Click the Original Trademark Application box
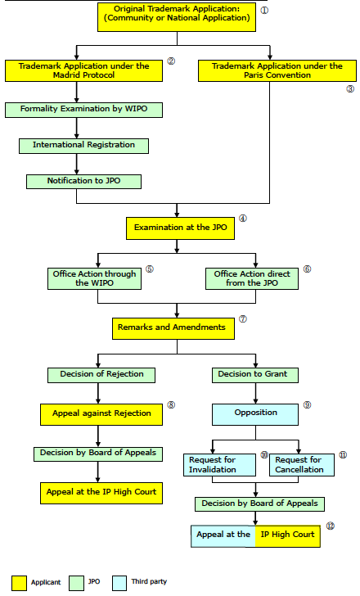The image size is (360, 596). [x=177, y=17]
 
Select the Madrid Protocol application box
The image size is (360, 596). [x=83, y=70]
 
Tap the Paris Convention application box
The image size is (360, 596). [x=277, y=70]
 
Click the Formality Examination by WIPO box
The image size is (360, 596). [x=83, y=110]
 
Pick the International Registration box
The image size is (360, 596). [x=83, y=146]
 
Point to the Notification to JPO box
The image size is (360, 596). [x=83, y=182]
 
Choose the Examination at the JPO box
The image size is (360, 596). [x=180, y=228]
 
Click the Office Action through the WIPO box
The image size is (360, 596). [x=94, y=278]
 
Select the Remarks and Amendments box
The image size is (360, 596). [x=173, y=328]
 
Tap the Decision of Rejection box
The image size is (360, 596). [x=101, y=375]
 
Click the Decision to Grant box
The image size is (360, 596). [x=255, y=375]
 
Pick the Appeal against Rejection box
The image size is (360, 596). [x=101, y=414]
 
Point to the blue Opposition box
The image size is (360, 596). [x=255, y=414]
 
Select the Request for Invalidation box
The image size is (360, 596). [x=219, y=465]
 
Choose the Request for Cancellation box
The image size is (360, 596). [x=302, y=465]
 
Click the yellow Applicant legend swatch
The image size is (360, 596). [x=19, y=583]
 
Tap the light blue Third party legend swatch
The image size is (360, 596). [x=119, y=583]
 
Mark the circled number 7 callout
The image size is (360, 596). [x=243, y=319]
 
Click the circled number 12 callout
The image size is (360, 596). [x=330, y=526]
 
